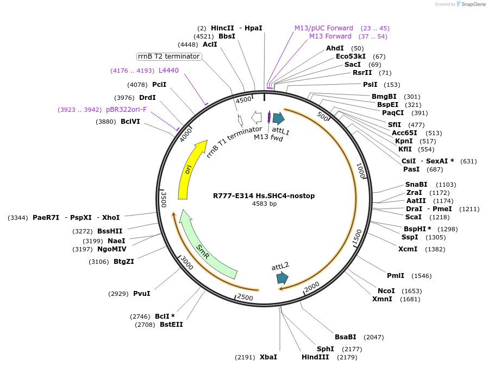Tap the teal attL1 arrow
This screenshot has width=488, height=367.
tap(278, 119)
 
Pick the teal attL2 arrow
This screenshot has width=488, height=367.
tap(282, 278)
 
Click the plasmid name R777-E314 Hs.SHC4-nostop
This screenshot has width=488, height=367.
tap(264, 195)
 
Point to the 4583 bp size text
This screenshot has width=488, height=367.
tap(264, 204)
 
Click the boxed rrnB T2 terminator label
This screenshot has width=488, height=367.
tap(169, 56)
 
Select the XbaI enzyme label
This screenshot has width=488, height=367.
tap(268, 357)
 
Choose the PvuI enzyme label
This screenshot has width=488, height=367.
tap(142, 294)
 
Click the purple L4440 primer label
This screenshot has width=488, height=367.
tap(168, 71)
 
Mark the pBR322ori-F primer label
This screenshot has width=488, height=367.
tap(126, 110)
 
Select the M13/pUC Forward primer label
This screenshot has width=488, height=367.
tap(324, 28)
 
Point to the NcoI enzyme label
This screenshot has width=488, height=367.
tap(386, 291)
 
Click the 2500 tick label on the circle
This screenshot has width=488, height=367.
tap(245, 298)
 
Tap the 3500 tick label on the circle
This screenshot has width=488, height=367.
tap(163, 199)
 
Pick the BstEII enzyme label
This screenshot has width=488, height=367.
tap(171, 325)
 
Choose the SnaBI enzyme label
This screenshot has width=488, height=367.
tap(416, 185)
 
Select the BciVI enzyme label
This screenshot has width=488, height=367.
tap(130, 122)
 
